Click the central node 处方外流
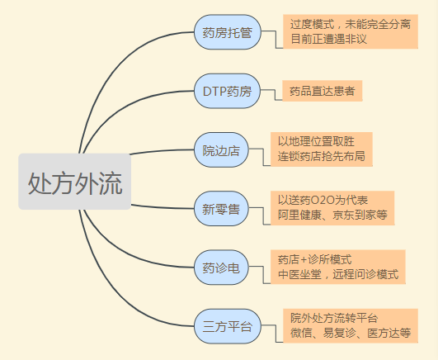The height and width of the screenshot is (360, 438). tap(74, 182)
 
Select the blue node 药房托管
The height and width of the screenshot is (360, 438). tap(228, 32)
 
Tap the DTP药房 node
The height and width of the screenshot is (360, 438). tap(227, 91)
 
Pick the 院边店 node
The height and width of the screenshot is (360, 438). tap(221, 150)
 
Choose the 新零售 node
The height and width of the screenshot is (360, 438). tap(221, 209)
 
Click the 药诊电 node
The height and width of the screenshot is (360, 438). tap(221, 268)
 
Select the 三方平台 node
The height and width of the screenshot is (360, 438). tap(228, 326)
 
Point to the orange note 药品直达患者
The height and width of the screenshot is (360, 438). tap(323, 91)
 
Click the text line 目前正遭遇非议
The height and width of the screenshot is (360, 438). tap(328, 39)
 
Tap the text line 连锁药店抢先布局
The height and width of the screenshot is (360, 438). tap(321, 156)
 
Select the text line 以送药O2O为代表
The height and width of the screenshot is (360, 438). tap(323, 200)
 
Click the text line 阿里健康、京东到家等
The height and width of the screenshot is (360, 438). tap(332, 215)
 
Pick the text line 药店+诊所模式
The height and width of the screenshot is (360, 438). tap(315, 259)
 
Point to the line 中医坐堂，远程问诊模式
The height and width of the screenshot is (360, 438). tap(338, 274)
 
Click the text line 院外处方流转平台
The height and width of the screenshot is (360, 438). tap(334, 318)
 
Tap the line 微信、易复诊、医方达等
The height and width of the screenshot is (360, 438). tap(351, 333)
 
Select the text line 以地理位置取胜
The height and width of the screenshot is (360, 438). tap(316, 141)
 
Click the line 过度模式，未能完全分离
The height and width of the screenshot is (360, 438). tap(351, 24)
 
